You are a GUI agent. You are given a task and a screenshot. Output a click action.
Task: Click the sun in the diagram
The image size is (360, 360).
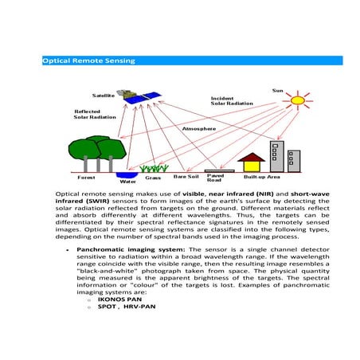point(297,101)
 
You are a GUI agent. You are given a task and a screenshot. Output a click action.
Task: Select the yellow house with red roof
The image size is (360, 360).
point(252,162)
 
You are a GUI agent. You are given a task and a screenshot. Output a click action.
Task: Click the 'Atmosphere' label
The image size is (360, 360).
point(200,128)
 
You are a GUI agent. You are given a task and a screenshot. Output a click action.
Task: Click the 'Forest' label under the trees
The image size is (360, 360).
point(86,178)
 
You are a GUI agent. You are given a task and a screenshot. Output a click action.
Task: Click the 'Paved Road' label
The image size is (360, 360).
point(215,178)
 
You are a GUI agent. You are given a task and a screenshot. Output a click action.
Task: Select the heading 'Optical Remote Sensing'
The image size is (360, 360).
point(88,61)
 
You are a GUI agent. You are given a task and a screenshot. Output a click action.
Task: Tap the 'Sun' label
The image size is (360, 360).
point(277,88)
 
